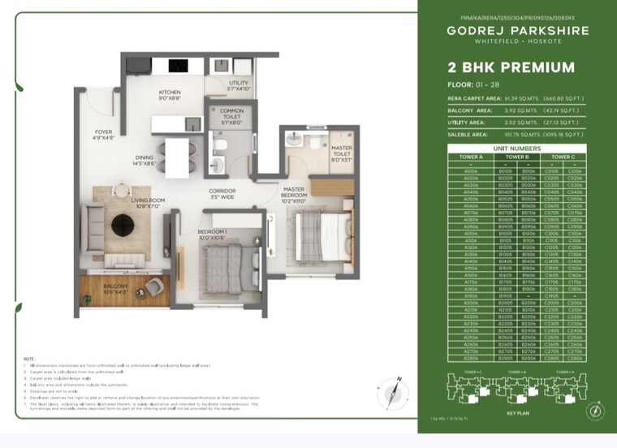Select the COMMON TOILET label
pyautogui.click(x=231, y=114)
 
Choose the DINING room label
pyautogui.click(x=145, y=161)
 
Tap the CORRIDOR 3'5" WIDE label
pyautogui.click(x=222, y=193)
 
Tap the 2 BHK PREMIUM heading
pyautogui.click(x=511, y=68)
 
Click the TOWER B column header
pyautogui.click(x=516, y=157)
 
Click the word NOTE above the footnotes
pyautogui.click(x=29, y=359)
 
